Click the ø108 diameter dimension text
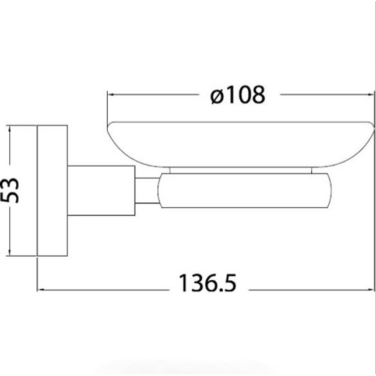pyautogui.click(x=238, y=95)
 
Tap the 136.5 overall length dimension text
pyautogui.click(x=208, y=283)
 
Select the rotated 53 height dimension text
pyautogui.click(x=10, y=191)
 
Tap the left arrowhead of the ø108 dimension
pyautogui.click(x=111, y=94)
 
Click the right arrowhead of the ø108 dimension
pyautogui.click(x=371, y=94)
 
